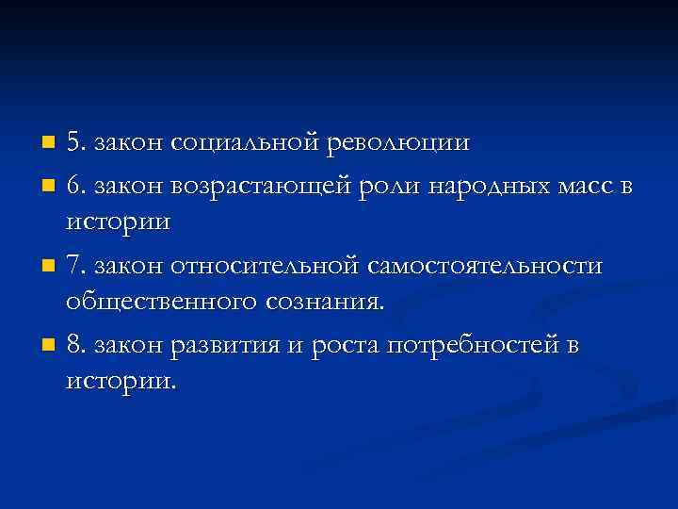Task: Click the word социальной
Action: tap(248, 143)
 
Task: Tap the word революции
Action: tap(399, 143)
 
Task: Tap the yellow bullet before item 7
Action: tap(49, 267)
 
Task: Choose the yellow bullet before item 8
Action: tap(49, 347)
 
